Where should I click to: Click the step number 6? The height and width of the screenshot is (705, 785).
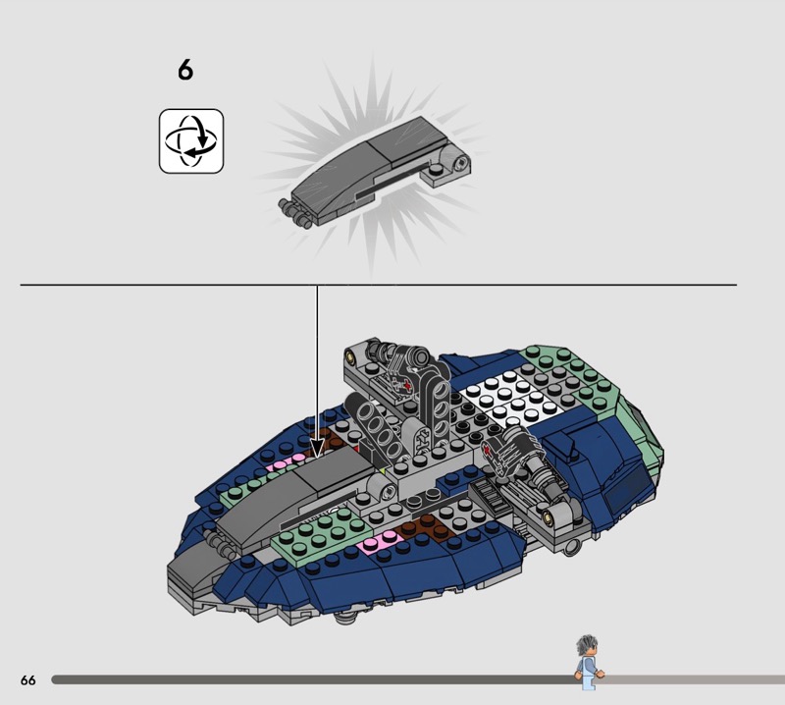pyautogui.click(x=185, y=70)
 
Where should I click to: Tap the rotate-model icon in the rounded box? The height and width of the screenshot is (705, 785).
pyautogui.click(x=191, y=141)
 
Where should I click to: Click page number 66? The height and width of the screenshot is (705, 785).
pyautogui.click(x=28, y=679)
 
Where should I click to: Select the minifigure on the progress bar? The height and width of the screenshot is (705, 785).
pyautogui.click(x=589, y=663)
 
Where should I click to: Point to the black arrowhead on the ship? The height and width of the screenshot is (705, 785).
pyautogui.click(x=316, y=448)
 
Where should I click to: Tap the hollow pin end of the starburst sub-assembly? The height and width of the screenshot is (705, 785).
pyautogui.click(x=460, y=162)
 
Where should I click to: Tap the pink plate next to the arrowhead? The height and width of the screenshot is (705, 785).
pyautogui.click(x=287, y=462)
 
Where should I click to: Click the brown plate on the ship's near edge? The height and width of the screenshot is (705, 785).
pyautogui.click(x=422, y=527)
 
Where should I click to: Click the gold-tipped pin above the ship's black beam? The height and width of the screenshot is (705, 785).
pyautogui.click(x=351, y=356)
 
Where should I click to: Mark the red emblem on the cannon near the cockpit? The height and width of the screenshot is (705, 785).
pyautogui.click(x=487, y=452)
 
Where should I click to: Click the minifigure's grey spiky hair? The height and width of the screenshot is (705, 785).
pyautogui.click(x=587, y=645)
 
